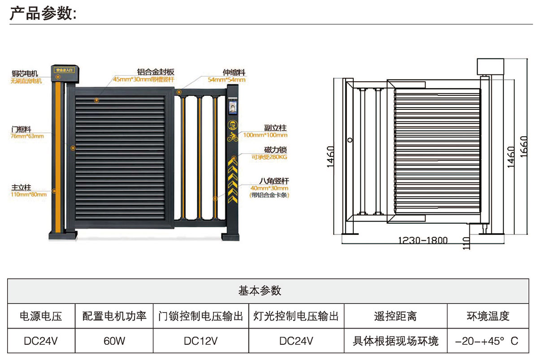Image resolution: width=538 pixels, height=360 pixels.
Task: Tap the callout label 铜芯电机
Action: (x=25, y=74)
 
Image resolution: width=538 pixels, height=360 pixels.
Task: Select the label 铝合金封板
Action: (x=156, y=72)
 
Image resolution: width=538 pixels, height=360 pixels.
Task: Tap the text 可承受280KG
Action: (x=269, y=157)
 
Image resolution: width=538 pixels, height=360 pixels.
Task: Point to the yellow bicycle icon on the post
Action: (x=232, y=136)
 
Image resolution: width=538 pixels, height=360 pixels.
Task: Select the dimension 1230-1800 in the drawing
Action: (x=423, y=240)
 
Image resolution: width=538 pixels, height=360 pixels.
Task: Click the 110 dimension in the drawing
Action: (x=467, y=243)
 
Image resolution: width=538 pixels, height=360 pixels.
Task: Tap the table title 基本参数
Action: (x=260, y=291)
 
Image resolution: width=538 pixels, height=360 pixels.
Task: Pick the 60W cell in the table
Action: (x=114, y=341)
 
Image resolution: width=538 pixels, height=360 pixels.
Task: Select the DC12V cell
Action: (x=201, y=341)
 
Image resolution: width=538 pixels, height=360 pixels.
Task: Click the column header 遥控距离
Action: (x=395, y=317)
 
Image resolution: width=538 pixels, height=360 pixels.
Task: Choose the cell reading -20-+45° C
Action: (x=486, y=341)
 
